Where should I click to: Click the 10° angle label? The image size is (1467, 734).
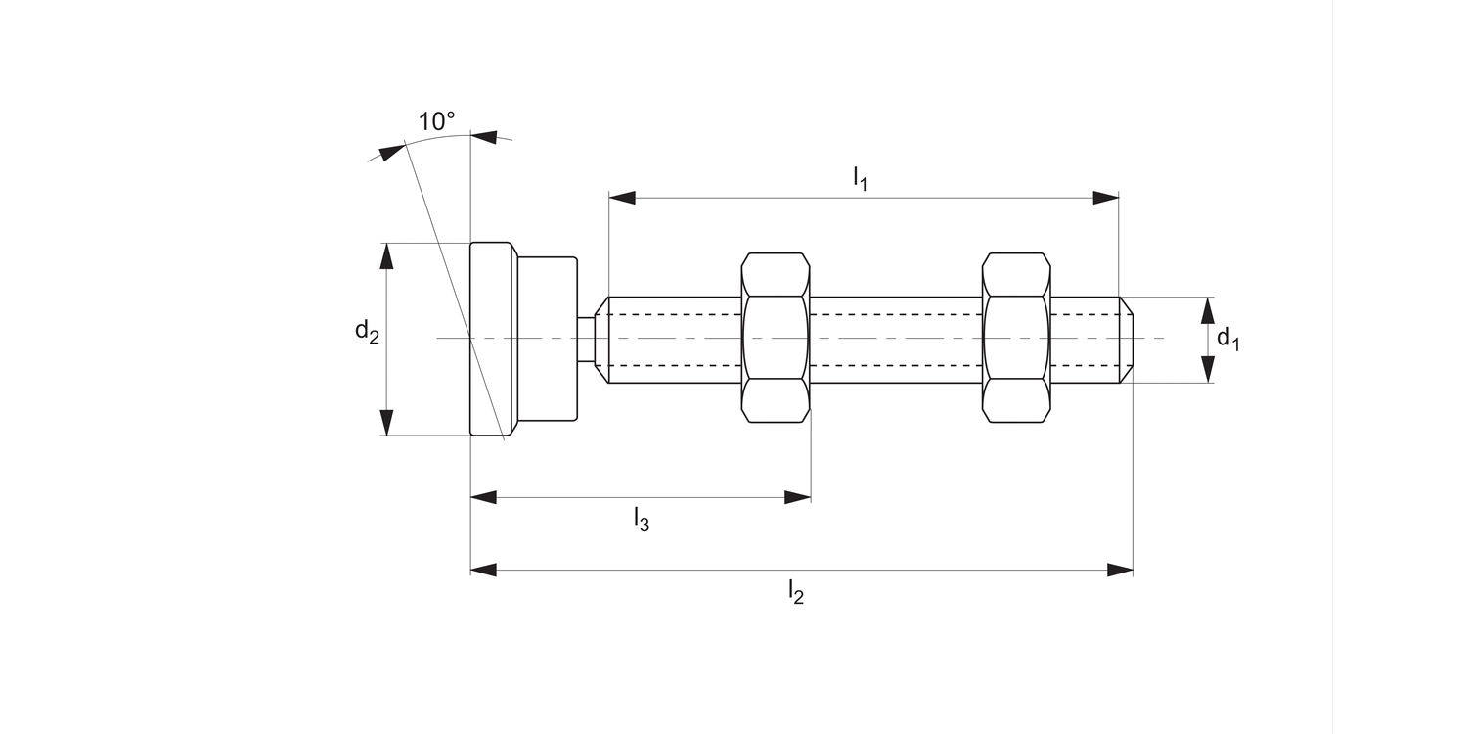(x=436, y=122)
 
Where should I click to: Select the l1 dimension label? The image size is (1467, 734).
(x=860, y=178)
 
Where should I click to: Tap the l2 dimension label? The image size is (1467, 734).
(x=796, y=592)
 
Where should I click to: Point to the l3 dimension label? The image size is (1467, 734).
(x=641, y=519)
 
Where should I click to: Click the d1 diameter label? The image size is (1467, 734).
(x=1227, y=340)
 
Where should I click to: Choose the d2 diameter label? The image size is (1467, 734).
(x=367, y=332)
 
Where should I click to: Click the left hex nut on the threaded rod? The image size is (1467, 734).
(x=776, y=338)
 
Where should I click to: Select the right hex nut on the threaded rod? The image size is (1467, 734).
(x=1016, y=338)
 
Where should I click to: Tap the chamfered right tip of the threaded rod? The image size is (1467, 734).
(x=1127, y=339)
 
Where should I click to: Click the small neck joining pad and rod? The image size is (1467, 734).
(x=585, y=339)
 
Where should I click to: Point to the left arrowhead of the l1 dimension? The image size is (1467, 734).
(x=622, y=198)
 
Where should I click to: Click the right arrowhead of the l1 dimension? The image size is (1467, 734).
(x=1106, y=198)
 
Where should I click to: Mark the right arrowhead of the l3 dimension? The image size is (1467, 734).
(x=798, y=497)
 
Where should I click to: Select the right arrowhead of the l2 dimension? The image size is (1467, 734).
(x=1120, y=570)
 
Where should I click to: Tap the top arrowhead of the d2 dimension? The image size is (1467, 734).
(x=387, y=255)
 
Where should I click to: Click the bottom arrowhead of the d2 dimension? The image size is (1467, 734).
(x=387, y=422)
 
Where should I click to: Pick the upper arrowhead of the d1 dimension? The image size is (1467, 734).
(x=1208, y=310)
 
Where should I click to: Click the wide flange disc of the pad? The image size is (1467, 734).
(x=492, y=339)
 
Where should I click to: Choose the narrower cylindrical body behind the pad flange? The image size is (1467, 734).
(x=547, y=339)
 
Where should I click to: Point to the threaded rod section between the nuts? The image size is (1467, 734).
(x=895, y=339)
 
